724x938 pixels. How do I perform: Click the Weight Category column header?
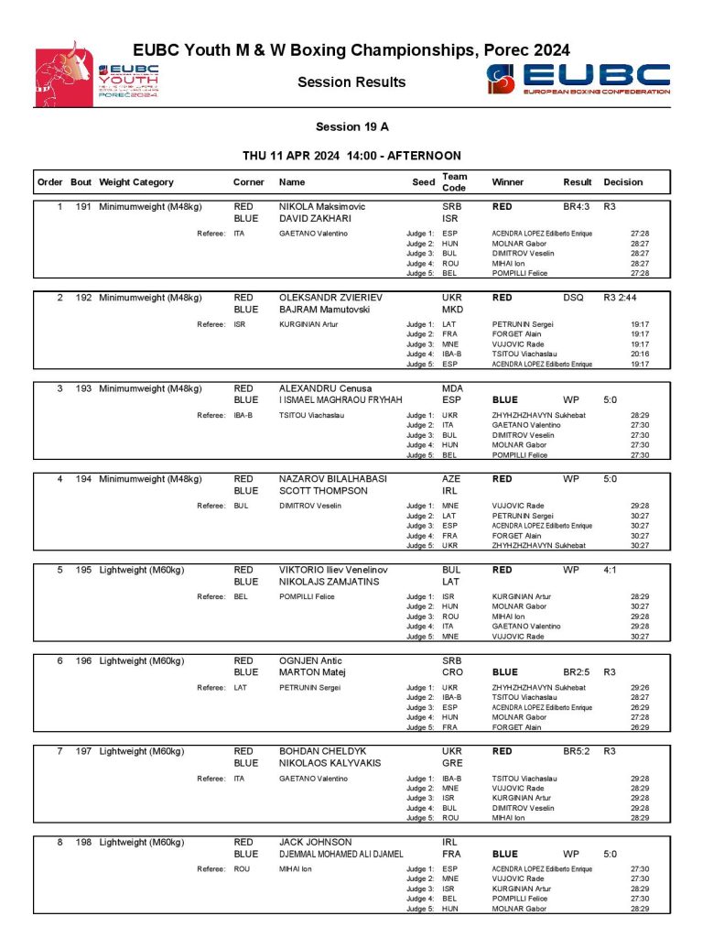(136, 182)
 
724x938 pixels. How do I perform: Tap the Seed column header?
(423, 182)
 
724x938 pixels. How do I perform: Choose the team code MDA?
(453, 388)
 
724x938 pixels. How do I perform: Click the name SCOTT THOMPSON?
(323, 491)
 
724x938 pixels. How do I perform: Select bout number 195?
(82, 570)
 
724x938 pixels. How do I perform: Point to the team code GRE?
(453, 763)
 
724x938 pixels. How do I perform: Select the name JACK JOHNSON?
(316, 842)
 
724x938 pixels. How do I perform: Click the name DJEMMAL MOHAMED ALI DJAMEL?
(340, 854)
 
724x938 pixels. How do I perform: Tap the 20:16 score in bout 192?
(640, 353)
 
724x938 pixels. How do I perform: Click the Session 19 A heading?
(346, 127)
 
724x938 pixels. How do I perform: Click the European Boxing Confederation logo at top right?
(578, 80)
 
